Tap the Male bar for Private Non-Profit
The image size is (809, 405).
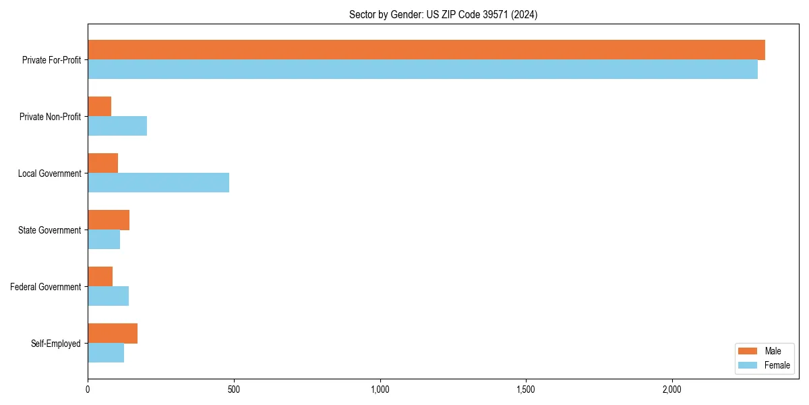(100, 107)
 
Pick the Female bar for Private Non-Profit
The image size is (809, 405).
(117, 126)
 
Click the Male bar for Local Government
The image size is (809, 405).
(103, 163)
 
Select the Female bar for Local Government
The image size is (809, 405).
(158, 183)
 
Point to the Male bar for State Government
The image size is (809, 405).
(109, 220)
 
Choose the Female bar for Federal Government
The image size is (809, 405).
(108, 296)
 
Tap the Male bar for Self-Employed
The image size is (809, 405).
(113, 333)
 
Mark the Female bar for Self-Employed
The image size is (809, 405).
(106, 353)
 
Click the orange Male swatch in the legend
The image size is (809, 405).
(748, 351)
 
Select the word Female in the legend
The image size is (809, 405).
(777, 365)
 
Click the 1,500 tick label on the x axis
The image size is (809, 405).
(526, 390)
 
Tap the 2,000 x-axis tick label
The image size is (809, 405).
(671, 390)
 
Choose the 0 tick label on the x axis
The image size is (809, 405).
(88, 390)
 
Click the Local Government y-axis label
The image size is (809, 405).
(49, 173)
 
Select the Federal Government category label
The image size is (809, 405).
(45, 287)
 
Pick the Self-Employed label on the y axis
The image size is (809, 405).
(55, 344)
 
